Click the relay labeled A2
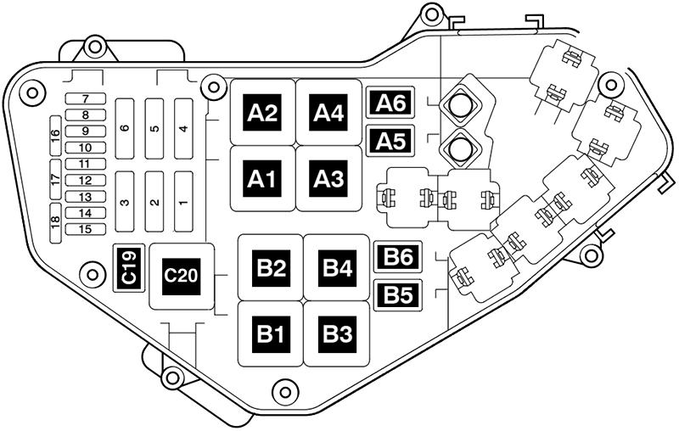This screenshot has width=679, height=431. pyautogui.click(x=262, y=113)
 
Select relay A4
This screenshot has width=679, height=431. pyautogui.click(x=328, y=113)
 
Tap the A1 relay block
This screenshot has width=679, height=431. pyautogui.click(x=262, y=179)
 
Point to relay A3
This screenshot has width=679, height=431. pyautogui.click(x=328, y=179)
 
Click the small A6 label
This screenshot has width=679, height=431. pyautogui.click(x=391, y=104)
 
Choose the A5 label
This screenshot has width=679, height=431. pyautogui.click(x=391, y=139)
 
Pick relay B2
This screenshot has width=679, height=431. pyautogui.click(x=271, y=268)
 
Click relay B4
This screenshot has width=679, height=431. pyautogui.click(x=337, y=268)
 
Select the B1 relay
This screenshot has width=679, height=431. pyautogui.click(x=271, y=333)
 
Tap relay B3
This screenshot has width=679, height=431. pyautogui.click(x=337, y=333)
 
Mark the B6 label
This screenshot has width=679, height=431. pyautogui.click(x=398, y=255)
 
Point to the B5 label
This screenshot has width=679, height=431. pyautogui.click(x=398, y=294)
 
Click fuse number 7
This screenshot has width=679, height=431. pyautogui.click(x=86, y=99)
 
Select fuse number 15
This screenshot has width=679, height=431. pyautogui.click(x=86, y=229)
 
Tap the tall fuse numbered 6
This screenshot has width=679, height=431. pyautogui.click(x=124, y=128)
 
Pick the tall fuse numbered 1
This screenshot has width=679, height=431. pyautogui.click(x=184, y=201)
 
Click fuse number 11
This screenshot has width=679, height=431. pyautogui.click(x=86, y=164)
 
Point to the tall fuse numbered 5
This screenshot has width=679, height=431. pyautogui.click(x=154, y=128)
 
